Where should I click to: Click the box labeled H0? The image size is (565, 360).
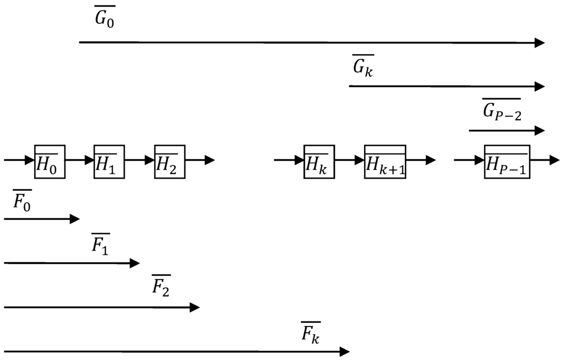click(50, 162)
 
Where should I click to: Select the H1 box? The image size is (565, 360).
click(109, 162)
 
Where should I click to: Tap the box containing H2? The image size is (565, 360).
click(169, 162)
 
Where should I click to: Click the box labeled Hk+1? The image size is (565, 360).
click(385, 162)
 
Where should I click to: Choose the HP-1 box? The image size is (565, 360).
click(507, 162)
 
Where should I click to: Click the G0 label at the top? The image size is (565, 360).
click(105, 18)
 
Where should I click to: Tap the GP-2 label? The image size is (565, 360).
click(502, 110)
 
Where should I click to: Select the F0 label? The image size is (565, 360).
click(23, 202)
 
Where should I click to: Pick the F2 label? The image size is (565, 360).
click(161, 286)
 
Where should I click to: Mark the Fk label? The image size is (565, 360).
click(311, 332)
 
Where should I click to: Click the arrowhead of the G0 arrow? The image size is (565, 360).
click(540, 43)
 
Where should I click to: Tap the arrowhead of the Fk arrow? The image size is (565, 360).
click(344, 351)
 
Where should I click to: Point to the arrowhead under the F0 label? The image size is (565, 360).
click(74, 219)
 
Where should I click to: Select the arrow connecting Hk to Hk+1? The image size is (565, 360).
click(349, 160)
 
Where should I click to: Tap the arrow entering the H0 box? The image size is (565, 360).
click(19, 160)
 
